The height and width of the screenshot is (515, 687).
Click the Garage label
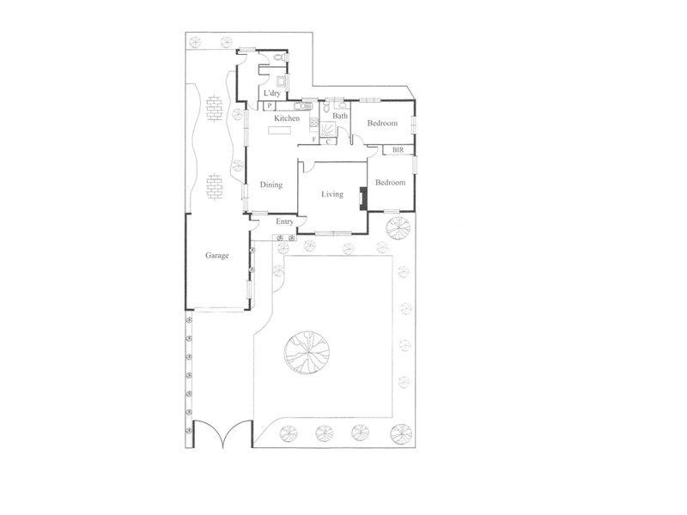click(216, 255)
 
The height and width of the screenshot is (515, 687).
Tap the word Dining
click(271, 185)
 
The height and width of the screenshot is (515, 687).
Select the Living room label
click(332, 194)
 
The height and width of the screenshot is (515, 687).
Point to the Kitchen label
click(287, 118)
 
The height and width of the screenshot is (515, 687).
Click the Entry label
click(284, 221)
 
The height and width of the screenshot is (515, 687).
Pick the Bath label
click(340, 116)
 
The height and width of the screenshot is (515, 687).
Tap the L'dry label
click(272, 93)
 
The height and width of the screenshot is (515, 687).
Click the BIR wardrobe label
click(398, 150)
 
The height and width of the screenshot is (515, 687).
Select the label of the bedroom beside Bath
click(382, 124)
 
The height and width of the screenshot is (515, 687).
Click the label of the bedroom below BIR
click(389, 183)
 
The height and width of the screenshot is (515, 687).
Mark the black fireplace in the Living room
click(364, 198)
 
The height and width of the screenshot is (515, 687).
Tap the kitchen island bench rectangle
click(280, 130)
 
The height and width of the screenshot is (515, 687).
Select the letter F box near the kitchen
click(314, 139)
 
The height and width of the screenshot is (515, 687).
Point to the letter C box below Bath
click(329, 142)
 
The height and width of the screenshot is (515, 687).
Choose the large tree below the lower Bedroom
click(398, 228)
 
